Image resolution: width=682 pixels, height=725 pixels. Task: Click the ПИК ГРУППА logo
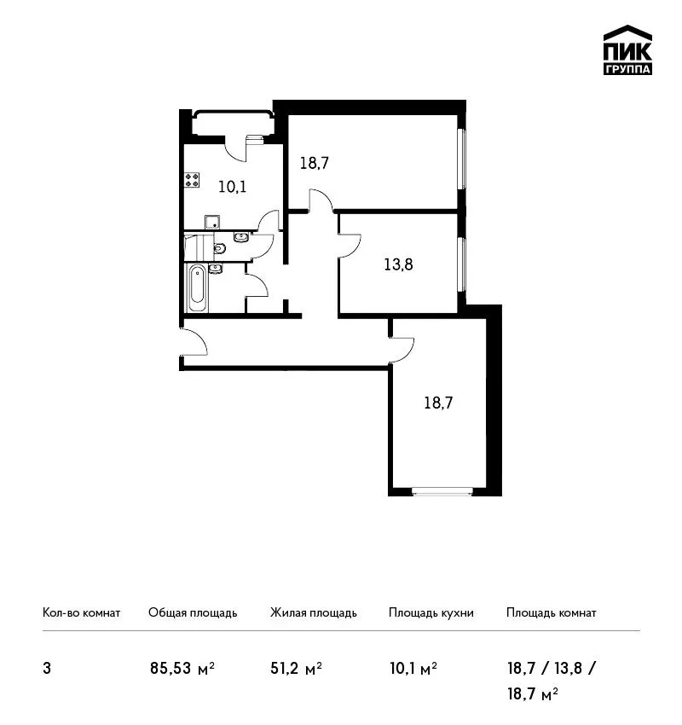pyautogui.click(x=627, y=50)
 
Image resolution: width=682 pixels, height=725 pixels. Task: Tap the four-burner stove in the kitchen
pyautogui.click(x=192, y=180)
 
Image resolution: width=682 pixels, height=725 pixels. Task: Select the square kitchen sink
pyautogui.click(x=212, y=222)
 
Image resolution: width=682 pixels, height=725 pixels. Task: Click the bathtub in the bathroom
pyautogui.click(x=197, y=288)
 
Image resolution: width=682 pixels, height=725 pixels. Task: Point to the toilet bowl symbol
pyautogui.click(x=219, y=249)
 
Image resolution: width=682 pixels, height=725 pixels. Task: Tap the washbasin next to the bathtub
pyautogui.click(x=216, y=268)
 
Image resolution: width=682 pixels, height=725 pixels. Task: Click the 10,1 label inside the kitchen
pyautogui.click(x=232, y=187)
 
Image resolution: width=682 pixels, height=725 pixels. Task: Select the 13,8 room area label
pyautogui.click(x=398, y=264)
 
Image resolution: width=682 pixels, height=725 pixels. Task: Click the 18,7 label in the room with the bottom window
pyautogui.click(x=438, y=403)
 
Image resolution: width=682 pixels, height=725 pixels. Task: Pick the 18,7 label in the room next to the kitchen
pyautogui.click(x=315, y=163)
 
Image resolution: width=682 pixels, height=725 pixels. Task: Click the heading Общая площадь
pyautogui.click(x=193, y=613)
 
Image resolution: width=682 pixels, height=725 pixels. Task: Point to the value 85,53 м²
pyautogui.click(x=182, y=668)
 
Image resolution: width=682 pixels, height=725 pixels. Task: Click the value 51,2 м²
pyautogui.click(x=296, y=668)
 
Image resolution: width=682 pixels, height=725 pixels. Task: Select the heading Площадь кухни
pyautogui.click(x=431, y=613)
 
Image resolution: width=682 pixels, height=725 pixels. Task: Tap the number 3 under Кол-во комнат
pyautogui.click(x=47, y=669)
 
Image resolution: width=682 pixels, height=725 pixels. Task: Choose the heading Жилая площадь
pyautogui.click(x=313, y=613)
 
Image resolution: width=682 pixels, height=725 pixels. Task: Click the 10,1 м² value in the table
pyautogui.click(x=413, y=668)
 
